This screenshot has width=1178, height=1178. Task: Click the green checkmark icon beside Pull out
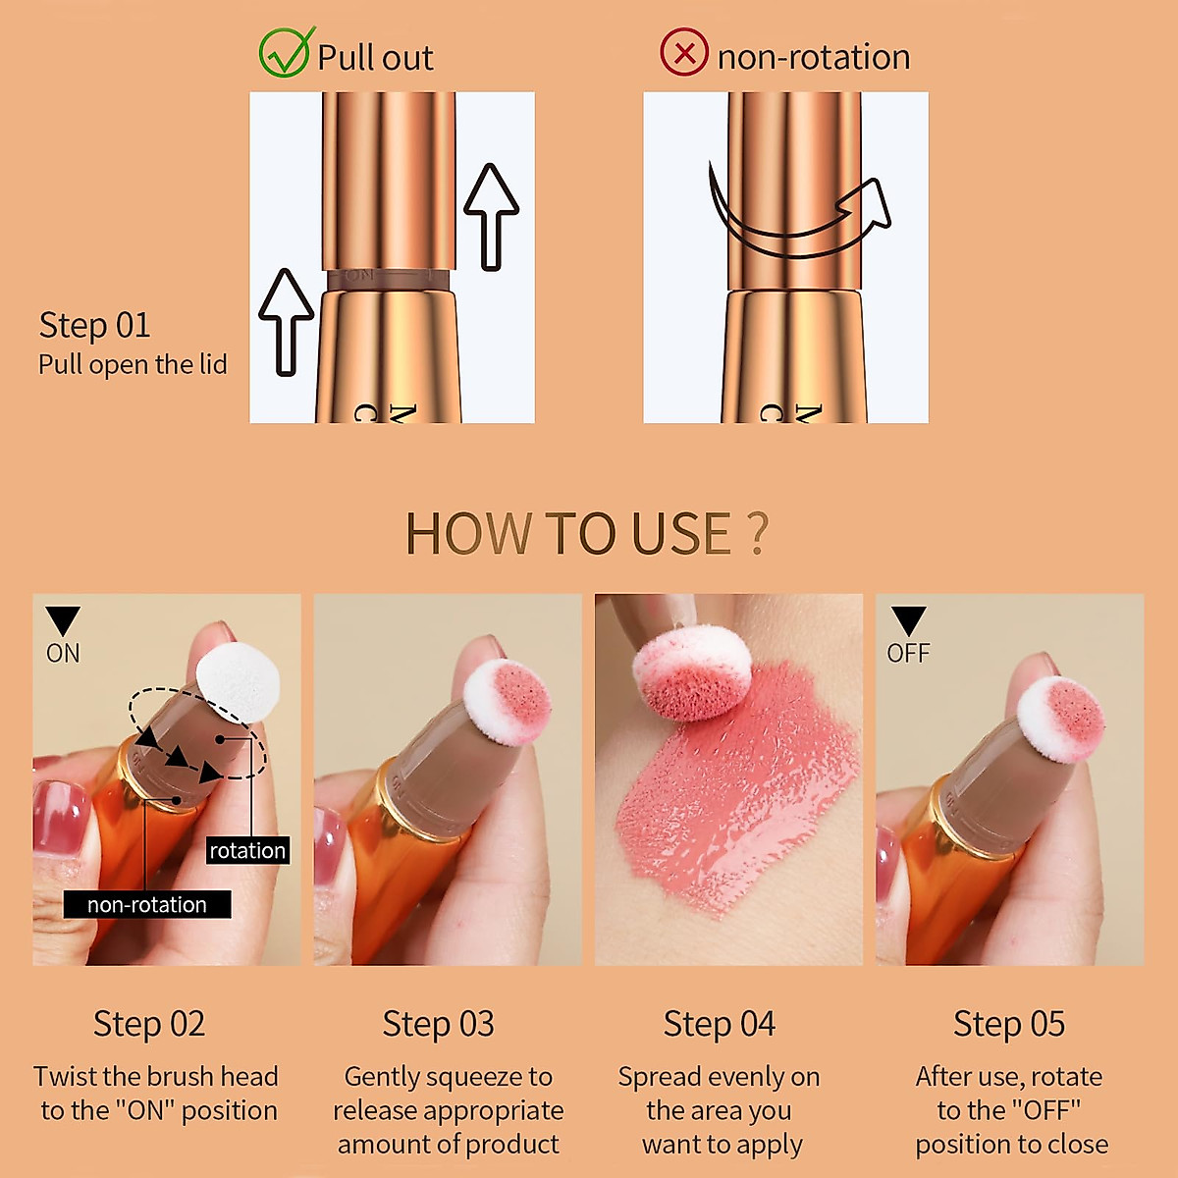point(286,53)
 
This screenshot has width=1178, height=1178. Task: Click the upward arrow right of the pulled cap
point(491,216)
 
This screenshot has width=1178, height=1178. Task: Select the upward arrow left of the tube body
point(286,321)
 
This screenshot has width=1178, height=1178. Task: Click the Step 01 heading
point(94,325)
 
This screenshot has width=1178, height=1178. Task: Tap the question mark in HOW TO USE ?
point(756,534)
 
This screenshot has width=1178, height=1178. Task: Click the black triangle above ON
point(63,621)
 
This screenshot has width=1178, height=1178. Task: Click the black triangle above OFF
point(908,621)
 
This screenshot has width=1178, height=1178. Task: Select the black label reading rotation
point(247,851)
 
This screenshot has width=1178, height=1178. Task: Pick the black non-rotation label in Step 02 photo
point(147,904)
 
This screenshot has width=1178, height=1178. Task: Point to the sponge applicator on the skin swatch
point(692,672)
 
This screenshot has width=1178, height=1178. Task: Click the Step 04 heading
point(719,1024)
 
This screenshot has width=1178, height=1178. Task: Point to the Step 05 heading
point(1008,1024)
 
